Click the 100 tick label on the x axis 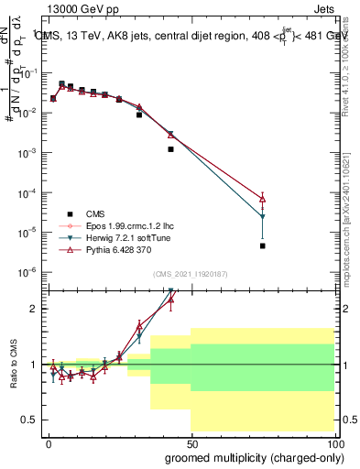point(333,442)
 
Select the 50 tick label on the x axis point(191,442)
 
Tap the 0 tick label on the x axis point(48,442)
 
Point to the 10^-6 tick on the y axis point(29,272)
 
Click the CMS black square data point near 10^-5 point(263,245)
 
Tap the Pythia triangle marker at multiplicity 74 point(263,198)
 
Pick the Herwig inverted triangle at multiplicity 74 point(263,217)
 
